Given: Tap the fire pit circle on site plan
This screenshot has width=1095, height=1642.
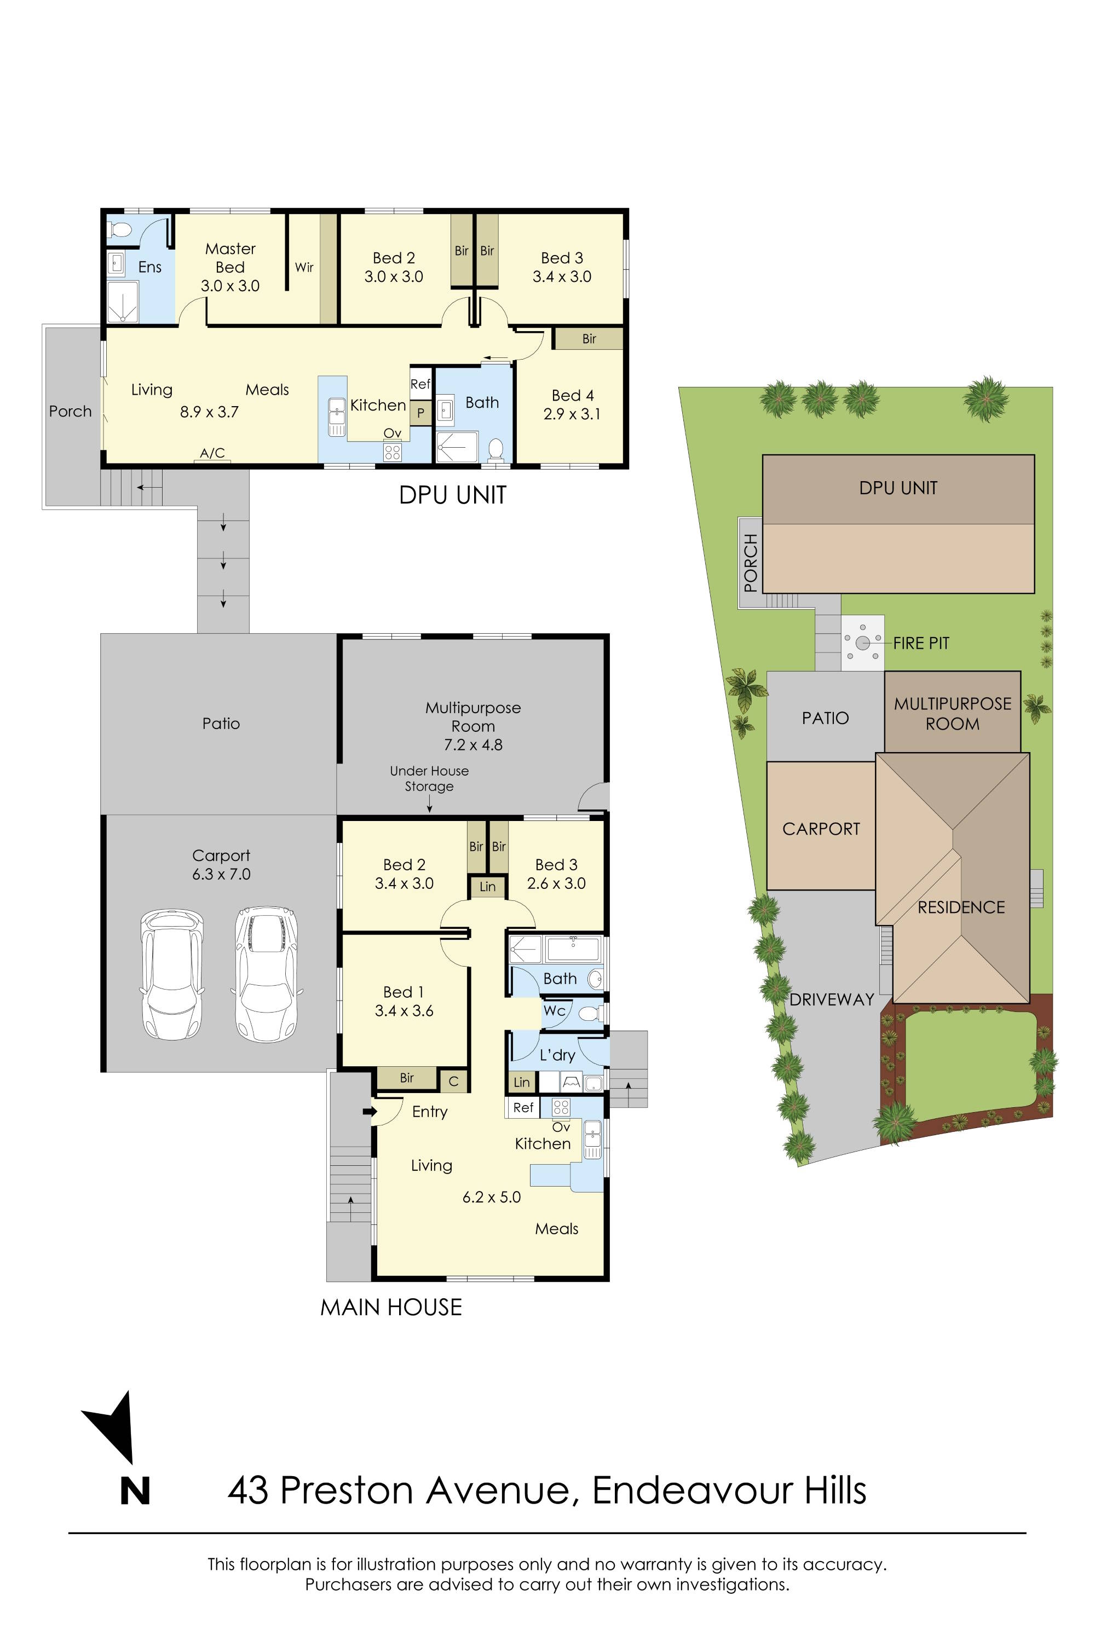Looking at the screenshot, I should tap(862, 642).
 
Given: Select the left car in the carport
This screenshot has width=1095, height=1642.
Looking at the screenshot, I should tap(172, 975).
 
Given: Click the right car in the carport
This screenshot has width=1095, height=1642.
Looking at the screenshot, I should tap(266, 975).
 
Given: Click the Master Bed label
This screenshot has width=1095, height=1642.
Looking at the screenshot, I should tap(230, 258).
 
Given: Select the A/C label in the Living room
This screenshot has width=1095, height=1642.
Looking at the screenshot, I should tap(212, 453).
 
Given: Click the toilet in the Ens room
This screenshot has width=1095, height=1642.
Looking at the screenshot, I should tap(120, 229).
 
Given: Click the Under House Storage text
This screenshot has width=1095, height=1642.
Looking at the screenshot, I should tap(429, 778).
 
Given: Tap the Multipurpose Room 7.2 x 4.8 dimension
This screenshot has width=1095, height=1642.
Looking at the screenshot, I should tap(473, 745).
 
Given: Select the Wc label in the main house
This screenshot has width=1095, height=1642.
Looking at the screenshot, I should tap(554, 1010).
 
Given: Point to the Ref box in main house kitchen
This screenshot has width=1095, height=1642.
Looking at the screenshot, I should tap(523, 1107).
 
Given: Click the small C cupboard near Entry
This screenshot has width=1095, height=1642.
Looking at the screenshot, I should tap(453, 1082).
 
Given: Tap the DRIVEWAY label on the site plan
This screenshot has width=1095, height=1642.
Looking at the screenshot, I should tap(831, 1000).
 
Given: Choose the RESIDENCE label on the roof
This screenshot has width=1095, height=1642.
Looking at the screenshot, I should tap(961, 907).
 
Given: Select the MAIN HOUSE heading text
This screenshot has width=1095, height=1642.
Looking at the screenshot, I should tap(391, 1307).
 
